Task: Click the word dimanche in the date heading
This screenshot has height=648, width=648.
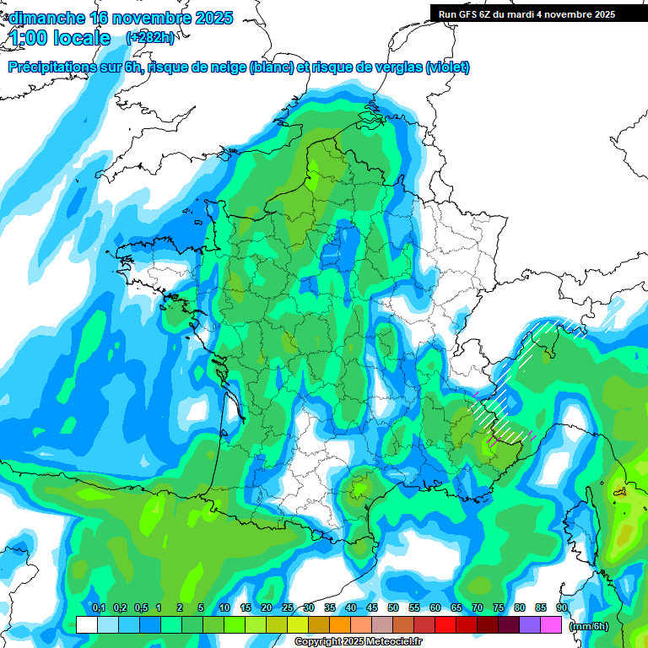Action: [x=46, y=18]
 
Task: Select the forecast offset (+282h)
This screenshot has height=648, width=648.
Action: [x=149, y=38]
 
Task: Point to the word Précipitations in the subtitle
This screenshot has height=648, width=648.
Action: [x=51, y=67]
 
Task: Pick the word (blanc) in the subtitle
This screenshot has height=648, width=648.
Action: [x=272, y=67]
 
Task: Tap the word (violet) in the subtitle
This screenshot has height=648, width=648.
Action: [x=448, y=67]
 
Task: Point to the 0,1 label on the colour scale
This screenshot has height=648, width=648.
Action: [x=98, y=608]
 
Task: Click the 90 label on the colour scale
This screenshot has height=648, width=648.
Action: [x=562, y=608]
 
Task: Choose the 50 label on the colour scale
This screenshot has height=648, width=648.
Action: [x=393, y=608]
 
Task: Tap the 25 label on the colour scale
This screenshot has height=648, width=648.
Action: [x=288, y=608]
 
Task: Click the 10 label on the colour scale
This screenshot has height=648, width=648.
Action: [x=224, y=608]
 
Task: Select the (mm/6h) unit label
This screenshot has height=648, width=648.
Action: [x=588, y=625]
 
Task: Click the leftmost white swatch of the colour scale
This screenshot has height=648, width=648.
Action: [x=86, y=624]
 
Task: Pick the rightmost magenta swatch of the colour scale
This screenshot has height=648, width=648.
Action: [x=551, y=624]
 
